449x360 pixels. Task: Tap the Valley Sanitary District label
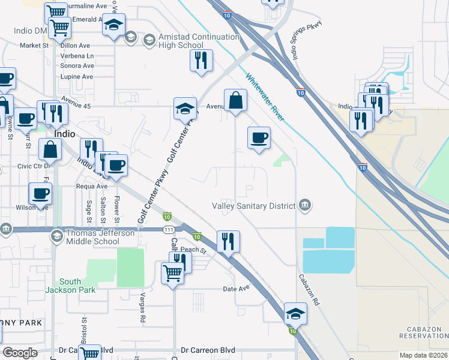pos(253,206)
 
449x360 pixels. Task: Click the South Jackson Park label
pos(78,286)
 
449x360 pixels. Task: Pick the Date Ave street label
pos(236,289)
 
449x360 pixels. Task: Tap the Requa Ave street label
pos(74,186)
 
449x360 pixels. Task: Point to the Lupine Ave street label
pos(77,77)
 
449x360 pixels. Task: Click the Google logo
pos(20,353)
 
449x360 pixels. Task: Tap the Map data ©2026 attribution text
pos(423,355)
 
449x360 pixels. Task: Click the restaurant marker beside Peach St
pos(228,242)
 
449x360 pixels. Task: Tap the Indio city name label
pos(64,134)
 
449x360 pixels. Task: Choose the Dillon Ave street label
pos(76,45)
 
